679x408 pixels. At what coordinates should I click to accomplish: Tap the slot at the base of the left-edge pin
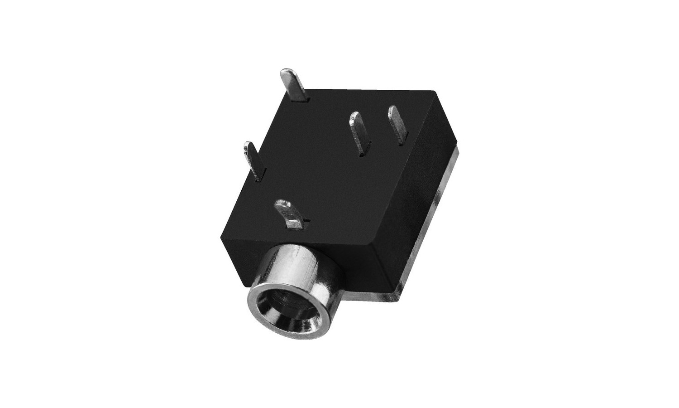pos(258,178)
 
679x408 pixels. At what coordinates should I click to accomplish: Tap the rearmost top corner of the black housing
pos(437,92)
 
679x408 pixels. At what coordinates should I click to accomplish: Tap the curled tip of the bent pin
pos(281,204)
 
